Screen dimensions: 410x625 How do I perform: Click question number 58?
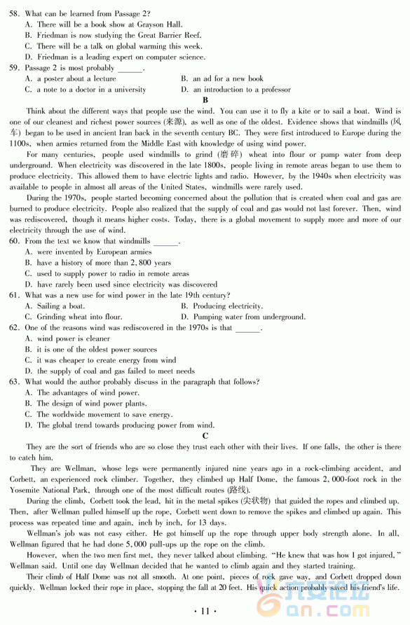[x=14, y=13]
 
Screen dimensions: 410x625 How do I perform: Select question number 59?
[x=14, y=68]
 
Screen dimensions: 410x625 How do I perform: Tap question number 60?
[x=14, y=241]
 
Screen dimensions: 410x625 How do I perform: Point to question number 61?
[x=14, y=295]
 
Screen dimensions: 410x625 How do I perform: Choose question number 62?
[x=14, y=327]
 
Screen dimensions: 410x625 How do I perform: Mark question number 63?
[x=14, y=382]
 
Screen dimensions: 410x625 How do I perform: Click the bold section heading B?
[x=205, y=100]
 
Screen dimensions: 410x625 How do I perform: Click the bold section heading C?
[x=205, y=436]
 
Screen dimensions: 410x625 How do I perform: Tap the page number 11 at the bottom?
[x=205, y=611]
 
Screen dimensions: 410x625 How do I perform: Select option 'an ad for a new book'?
[x=228, y=79]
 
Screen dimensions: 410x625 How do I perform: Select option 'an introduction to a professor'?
[x=241, y=90]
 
